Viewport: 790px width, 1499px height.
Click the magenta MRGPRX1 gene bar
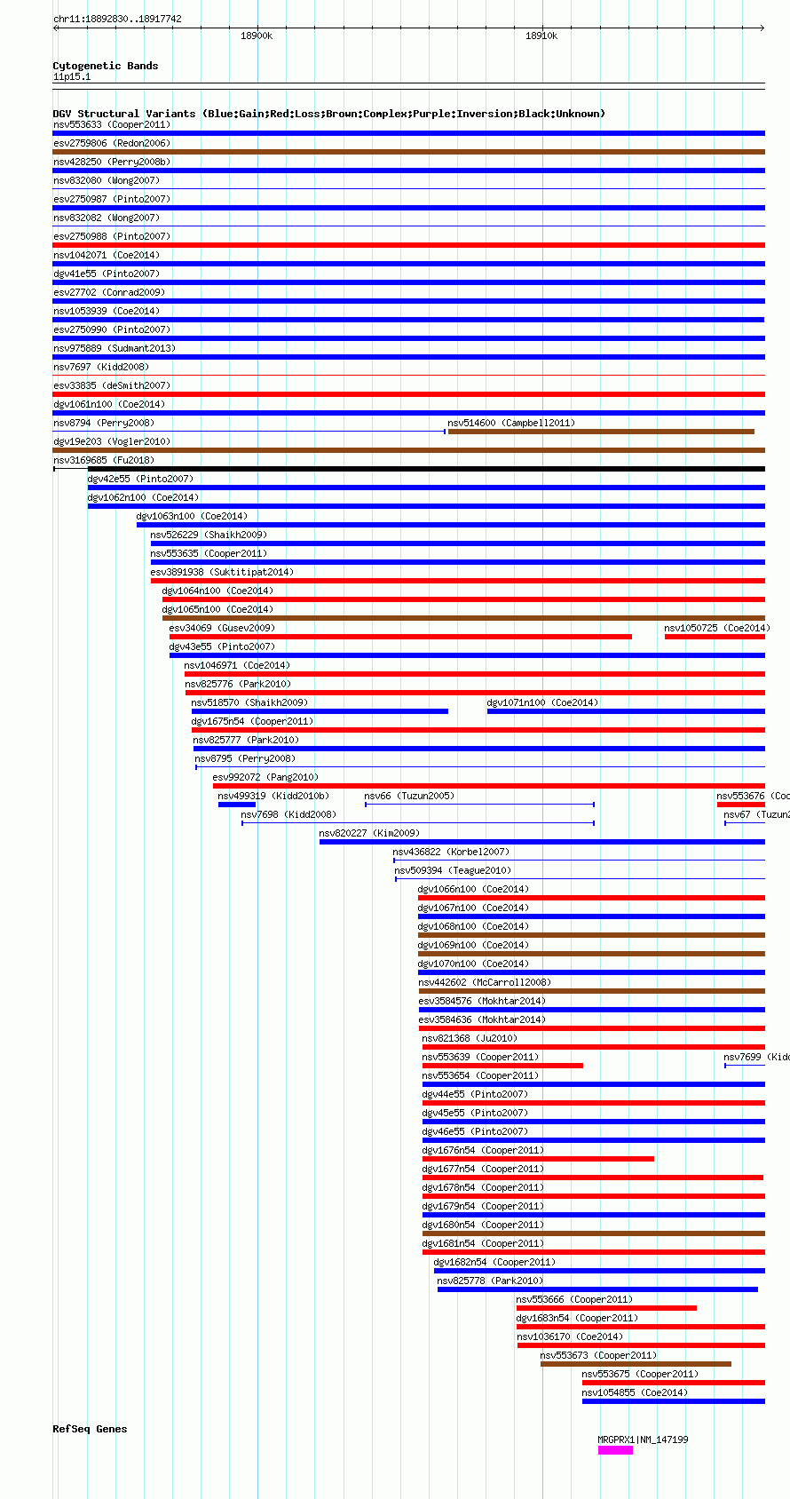pos(615,1450)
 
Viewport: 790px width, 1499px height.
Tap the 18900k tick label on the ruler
pos(257,36)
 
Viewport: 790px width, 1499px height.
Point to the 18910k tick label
pos(541,36)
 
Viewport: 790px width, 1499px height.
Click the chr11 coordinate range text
pos(117,19)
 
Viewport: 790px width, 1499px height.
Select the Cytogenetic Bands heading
pos(105,66)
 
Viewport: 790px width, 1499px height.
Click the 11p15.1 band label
pos(72,76)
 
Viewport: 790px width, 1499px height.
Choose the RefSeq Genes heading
pos(90,1429)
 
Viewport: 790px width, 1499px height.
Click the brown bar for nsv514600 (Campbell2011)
pos(601,432)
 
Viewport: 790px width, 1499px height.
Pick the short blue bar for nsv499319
pos(237,805)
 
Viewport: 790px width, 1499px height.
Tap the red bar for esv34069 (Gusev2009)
pos(400,637)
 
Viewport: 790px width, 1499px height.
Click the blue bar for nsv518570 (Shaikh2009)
pos(320,711)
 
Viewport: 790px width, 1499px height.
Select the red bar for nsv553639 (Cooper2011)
pos(502,1066)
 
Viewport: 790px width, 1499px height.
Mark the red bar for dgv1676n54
pos(538,1159)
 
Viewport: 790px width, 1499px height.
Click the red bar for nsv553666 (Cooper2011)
pos(606,1308)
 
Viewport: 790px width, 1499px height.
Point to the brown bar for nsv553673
pos(636,1364)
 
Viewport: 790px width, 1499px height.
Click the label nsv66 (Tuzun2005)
pos(409,796)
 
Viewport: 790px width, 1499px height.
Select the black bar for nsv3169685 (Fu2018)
pos(408,469)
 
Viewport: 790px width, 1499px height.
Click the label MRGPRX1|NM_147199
pos(643,1440)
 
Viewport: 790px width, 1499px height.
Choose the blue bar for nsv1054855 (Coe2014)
pos(673,1401)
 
